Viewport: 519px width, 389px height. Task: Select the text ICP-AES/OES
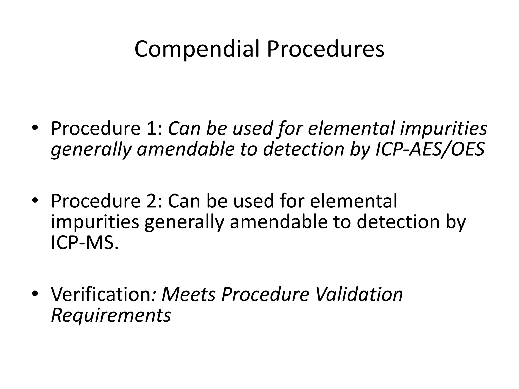430,149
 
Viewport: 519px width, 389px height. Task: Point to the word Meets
189,294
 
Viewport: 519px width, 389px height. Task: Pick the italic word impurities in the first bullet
443,128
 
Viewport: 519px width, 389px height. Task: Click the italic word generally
91,149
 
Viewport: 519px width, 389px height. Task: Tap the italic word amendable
186,149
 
